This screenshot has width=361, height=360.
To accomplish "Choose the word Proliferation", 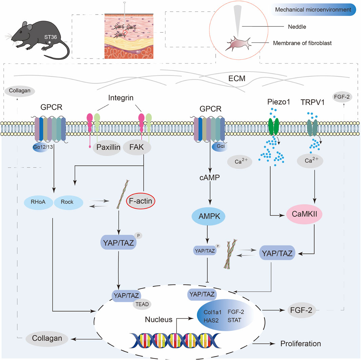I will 301,343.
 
